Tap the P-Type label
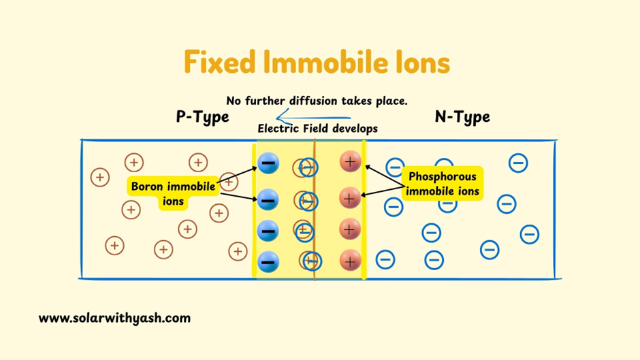pyautogui.click(x=202, y=117)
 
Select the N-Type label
pyautogui.click(x=462, y=117)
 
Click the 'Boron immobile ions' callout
pyautogui.click(x=174, y=193)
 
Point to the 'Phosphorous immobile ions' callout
pyautogui.click(x=443, y=184)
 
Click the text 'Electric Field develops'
pyautogui.click(x=317, y=128)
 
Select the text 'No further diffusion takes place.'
pyautogui.click(x=317, y=101)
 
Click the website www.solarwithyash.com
pyautogui.click(x=114, y=318)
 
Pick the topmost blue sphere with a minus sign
pyautogui.click(x=268, y=163)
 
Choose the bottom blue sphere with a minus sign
pyautogui.click(x=268, y=260)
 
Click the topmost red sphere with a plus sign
pyautogui.click(x=350, y=162)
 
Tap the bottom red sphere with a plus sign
pyautogui.click(x=350, y=259)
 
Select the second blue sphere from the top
pyautogui.click(x=268, y=199)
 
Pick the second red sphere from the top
pyautogui.click(x=349, y=198)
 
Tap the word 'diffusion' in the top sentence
pyautogui.click(x=310, y=101)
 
